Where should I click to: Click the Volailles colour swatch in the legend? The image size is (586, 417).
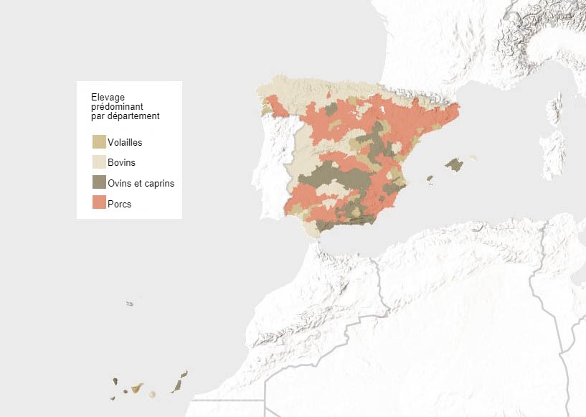(99, 141)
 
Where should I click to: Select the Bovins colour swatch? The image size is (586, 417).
(99, 162)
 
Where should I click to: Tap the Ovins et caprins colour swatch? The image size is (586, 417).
(99, 182)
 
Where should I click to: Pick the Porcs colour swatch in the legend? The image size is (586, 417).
(99, 203)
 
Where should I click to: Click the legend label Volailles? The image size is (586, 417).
(125, 142)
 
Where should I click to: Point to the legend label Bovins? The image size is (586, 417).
(121, 163)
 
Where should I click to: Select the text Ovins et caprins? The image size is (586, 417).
(141, 183)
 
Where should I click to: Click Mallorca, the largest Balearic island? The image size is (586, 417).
(454, 165)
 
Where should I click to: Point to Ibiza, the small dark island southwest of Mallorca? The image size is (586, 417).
(430, 179)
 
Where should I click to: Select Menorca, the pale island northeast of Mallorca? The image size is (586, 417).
(472, 157)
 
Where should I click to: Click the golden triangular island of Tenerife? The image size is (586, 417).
(136, 388)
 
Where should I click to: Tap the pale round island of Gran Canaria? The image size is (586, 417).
(152, 394)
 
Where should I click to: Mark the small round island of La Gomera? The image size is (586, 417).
(125, 391)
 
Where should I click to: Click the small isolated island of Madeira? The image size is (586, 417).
(130, 304)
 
